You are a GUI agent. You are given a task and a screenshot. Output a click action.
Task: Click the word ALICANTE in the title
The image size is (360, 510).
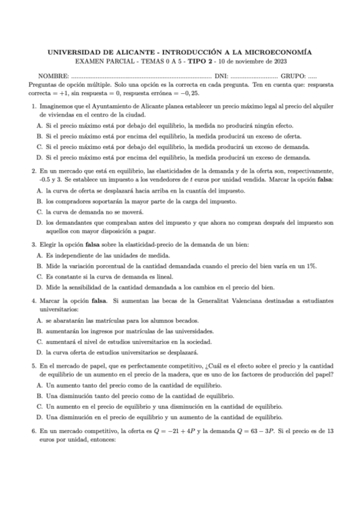click(x=131, y=52)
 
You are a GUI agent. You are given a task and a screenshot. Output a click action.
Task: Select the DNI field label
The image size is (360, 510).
click(x=221, y=76)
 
